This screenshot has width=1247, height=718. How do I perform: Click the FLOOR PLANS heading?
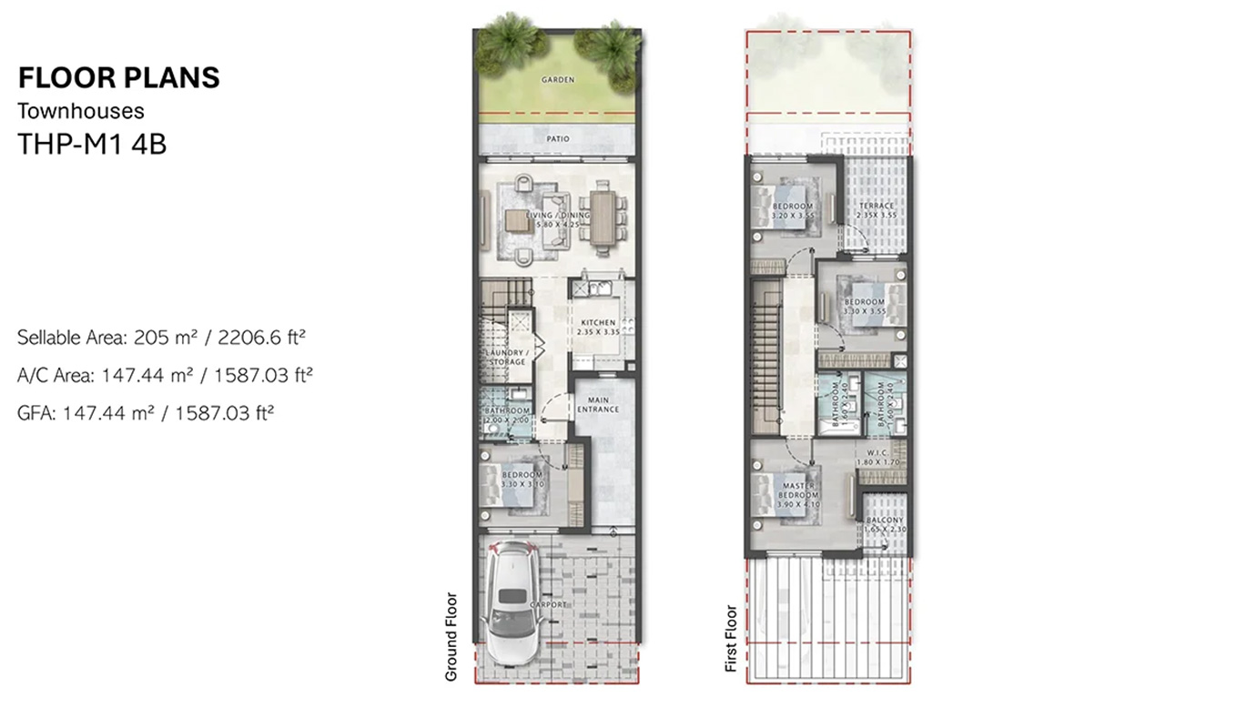pyautogui.click(x=118, y=78)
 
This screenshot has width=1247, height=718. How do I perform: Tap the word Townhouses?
pyautogui.click(x=81, y=111)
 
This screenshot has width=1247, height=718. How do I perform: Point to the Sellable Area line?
pyautogui.click(x=160, y=338)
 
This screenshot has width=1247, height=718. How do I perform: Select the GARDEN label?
pyautogui.click(x=557, y=80)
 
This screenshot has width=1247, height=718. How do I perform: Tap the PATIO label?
pyautogui.click(x=557, y=139)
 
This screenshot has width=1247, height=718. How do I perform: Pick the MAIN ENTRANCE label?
pyautogui.click(x=597, y=404)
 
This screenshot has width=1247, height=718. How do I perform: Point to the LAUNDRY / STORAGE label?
pyautogui.click(x=506, y=357)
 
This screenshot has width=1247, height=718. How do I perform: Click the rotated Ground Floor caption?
pyautogui.click(x=450, y=637)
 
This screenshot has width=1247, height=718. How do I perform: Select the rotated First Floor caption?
pyautogui.click(x=730, y=639)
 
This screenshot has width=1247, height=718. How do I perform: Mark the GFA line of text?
pyautogui.click(x=146, y=412)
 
